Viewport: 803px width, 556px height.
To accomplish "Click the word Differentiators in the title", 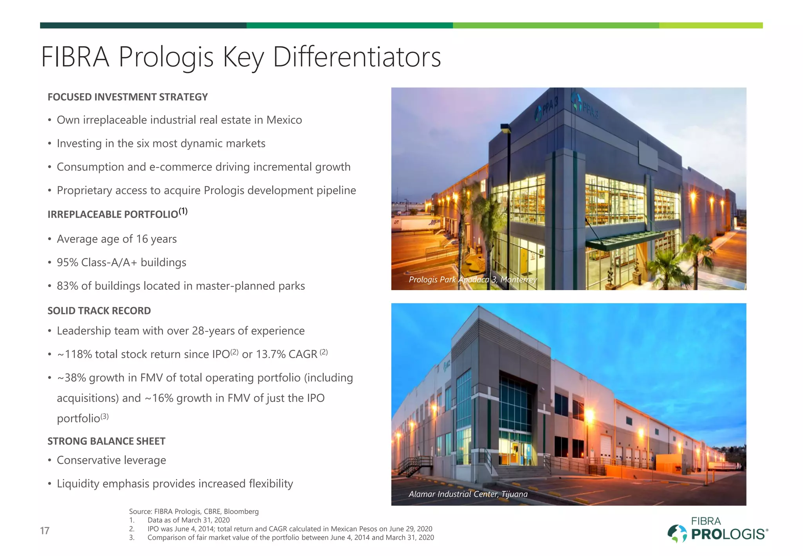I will pyautogui.click(x=357, y=57).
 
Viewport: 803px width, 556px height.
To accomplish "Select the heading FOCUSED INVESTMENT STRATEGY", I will pyautogui.click(x=127, y=97).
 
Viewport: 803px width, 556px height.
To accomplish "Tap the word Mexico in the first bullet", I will pyautogui.click(x=284, y=120).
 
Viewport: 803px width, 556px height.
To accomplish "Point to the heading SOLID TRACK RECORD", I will pyautogui.click(x=99, y=311).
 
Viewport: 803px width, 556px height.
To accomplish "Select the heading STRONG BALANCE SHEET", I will pyautogui.click(x=106, y=442).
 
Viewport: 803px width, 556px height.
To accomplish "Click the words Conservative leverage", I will pyautogui.click(x=111, y=460).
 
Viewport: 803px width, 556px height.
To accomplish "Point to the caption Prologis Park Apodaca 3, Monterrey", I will pyautogui.click(x=472, y=280).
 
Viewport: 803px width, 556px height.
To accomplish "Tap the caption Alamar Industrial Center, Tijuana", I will pyautogui.click(x=468, y=494).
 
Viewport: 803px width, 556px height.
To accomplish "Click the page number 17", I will pyautogui.click(x=45, y=531).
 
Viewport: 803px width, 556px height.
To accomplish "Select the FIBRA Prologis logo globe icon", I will pyautogui.click(x=677, y=533).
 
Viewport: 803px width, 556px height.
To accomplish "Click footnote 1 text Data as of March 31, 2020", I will pyautogui.click(x=189, y=520).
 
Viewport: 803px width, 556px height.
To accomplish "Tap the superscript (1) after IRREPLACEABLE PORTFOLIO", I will pyautogui.click(x=183, y=212).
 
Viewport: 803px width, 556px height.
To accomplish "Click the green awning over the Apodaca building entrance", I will pyautogui.click(x=623, y=239).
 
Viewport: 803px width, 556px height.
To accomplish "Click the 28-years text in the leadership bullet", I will pyautogui.click(x=213, y=331).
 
